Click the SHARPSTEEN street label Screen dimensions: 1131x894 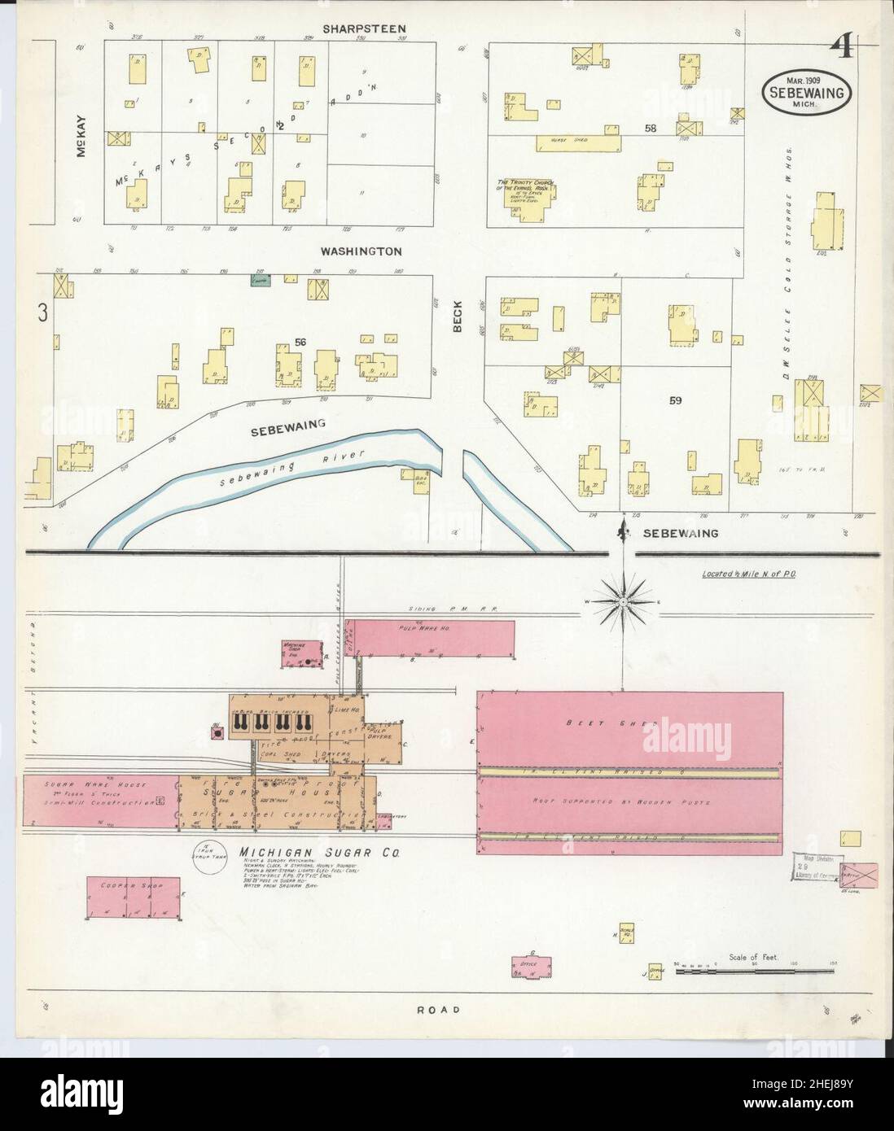364,29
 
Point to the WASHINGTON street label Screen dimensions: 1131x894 361,251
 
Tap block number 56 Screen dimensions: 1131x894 300,343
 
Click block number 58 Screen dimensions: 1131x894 650,129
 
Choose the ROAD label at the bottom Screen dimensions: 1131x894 439,1010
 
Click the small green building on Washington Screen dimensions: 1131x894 260,279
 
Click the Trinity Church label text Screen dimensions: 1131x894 524,186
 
